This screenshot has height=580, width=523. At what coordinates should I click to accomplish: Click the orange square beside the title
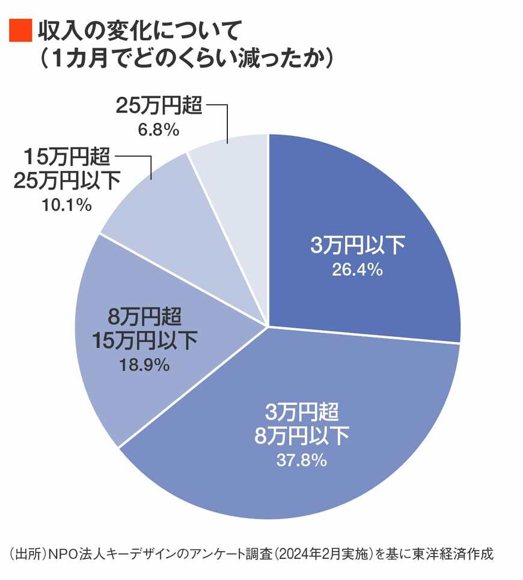pos(19,31)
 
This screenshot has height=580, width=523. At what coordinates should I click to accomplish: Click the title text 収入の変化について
pos(139,30)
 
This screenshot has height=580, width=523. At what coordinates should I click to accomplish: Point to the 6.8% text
pos(156,129)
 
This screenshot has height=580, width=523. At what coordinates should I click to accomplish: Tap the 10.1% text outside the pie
pos(67,205)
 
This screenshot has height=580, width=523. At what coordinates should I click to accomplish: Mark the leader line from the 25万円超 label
pos(227,120)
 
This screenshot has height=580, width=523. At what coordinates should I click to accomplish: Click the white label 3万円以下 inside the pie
pos(358,246)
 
